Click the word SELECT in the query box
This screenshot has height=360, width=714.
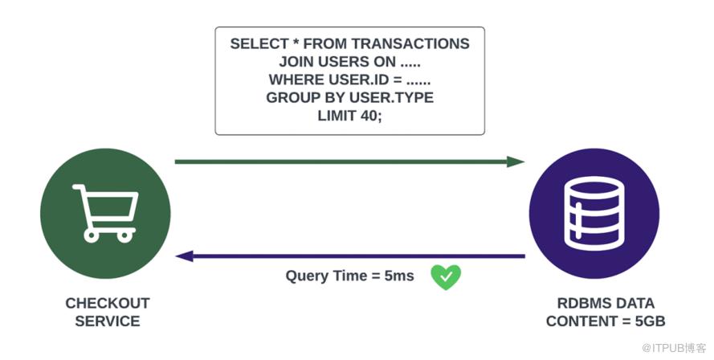point(259,43)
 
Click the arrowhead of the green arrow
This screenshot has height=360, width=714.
point(516,162)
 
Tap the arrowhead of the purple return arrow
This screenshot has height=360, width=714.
point(185,256)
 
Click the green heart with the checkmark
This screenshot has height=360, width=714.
point(446,277)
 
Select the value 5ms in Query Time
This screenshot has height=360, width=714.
point(399,276)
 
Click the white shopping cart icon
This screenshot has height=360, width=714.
point(105,213)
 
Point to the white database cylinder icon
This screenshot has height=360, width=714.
point(594,213)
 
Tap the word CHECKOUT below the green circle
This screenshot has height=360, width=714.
point(108,303)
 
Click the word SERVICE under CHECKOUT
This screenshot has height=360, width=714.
point(108,321)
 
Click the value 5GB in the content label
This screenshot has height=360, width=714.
point(650,321)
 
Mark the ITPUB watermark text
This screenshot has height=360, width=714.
point(675,348)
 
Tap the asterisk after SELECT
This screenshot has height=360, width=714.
point(296,43)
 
